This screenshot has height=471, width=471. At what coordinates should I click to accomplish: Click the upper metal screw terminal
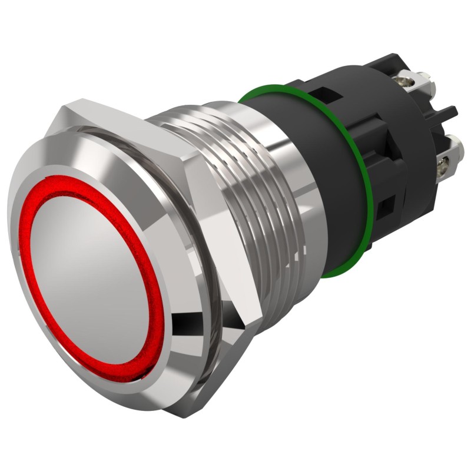click(418, 83)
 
